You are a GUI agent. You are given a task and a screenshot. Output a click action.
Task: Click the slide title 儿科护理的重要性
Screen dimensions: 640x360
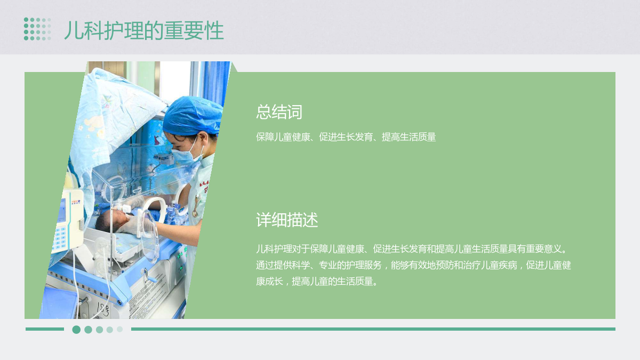coord(144,30)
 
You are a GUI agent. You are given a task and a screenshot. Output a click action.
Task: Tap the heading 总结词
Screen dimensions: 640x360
coord(279,111)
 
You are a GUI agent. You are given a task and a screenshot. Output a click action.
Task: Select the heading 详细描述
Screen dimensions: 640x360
coord(287,220)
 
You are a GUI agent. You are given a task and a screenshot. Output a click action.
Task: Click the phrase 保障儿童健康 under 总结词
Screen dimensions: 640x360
coord(283,137)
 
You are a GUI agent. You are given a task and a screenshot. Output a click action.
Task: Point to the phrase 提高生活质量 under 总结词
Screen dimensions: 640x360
coord(409,137)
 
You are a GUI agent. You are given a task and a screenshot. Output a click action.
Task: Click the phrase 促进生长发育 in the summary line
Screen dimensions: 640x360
coord(346,137)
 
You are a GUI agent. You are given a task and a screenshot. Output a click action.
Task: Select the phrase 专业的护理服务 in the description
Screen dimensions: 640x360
coord(350,265)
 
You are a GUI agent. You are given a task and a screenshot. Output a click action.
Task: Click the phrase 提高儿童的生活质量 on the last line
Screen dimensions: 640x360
coord(332,282)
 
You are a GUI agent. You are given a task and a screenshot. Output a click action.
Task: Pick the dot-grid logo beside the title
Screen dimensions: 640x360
coord(37,29)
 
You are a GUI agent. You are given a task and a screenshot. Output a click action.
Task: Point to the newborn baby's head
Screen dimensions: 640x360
coord(110,220)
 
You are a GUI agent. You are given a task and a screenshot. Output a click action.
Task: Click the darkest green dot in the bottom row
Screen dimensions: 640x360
coord(76,330)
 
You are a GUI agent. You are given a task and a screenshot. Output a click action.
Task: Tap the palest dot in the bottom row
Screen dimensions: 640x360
coord(119,329)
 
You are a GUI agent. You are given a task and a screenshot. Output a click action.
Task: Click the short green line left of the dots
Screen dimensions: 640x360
coord(45,329)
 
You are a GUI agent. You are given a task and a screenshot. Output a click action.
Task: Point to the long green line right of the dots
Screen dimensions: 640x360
coord(373,329)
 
